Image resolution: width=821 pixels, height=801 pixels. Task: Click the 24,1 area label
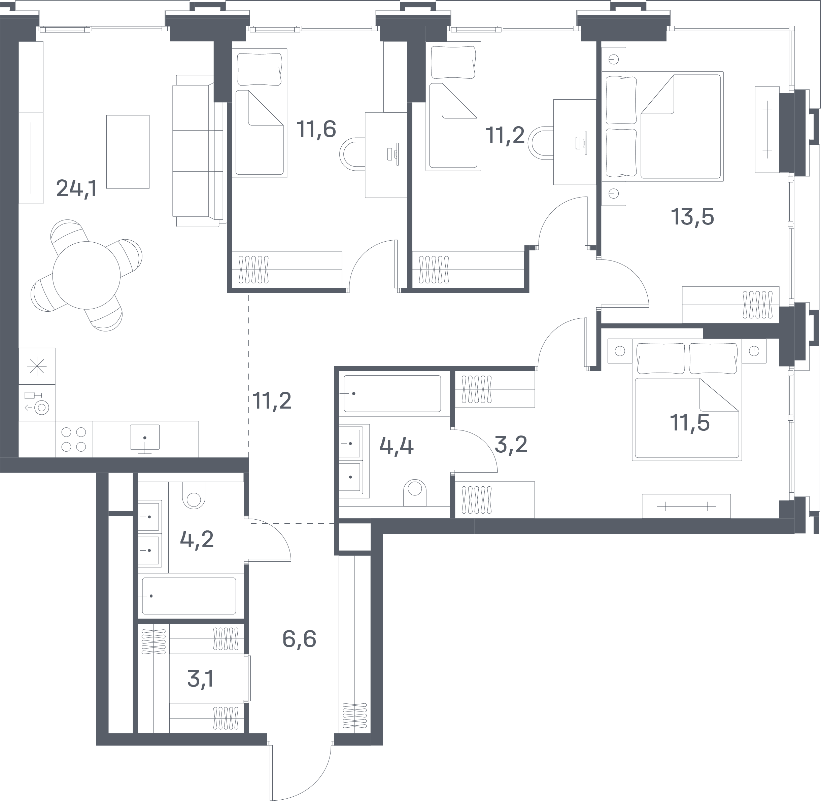coord(77,188)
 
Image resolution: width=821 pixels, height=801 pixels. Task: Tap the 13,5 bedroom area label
coord(692,217)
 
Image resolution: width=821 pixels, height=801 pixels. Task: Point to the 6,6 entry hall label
coord(299,639)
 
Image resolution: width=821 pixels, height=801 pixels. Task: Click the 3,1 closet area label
coord(200,679)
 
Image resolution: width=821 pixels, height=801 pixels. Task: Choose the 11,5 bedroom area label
coord(690,423)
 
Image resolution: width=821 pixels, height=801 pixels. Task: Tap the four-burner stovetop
coord(74,439)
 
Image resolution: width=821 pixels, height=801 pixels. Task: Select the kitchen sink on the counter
coord(145,438)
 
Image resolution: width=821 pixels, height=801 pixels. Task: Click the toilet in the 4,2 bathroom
coord(194,495)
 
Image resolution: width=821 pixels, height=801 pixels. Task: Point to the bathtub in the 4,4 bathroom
coord(392,393)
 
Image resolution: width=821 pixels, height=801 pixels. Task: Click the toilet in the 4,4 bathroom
coord(415,493)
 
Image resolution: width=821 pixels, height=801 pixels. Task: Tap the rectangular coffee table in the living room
coord(128,151)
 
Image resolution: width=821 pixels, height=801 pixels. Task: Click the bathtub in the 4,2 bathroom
coord(189,596)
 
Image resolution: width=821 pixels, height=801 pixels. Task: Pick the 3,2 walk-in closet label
coord(511,444)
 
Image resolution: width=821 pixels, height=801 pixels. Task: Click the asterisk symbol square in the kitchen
coord(37,366)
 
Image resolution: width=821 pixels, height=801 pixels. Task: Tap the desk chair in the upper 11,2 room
coord(542,143)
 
